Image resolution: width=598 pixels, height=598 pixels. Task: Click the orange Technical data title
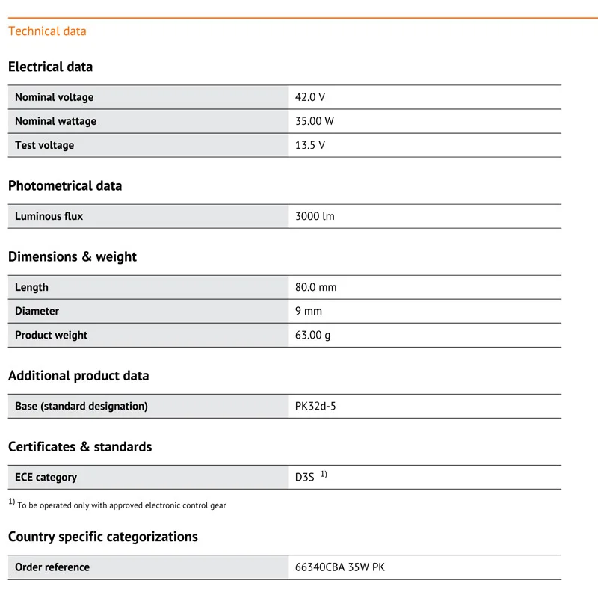(47, 31)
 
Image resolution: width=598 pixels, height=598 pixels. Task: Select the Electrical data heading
(50, 67)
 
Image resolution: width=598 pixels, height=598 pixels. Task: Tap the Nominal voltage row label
(54, 97)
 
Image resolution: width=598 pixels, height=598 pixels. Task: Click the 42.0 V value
(310, 97)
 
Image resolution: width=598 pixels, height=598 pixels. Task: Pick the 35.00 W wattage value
(315, 121)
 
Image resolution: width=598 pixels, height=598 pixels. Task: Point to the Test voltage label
(44, 145)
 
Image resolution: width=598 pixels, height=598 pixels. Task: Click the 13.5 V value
(310, 145)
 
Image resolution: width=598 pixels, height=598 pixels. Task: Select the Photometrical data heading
(65, 185)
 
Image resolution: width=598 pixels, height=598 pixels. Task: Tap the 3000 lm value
(315, 216)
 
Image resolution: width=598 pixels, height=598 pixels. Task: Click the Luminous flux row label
(49, 216)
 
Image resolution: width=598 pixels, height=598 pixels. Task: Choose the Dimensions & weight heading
(73, 256)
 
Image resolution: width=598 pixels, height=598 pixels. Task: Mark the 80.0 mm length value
(316, 287)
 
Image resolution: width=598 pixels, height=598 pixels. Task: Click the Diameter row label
(37, 311)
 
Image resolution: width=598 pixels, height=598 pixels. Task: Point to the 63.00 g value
(312, 335)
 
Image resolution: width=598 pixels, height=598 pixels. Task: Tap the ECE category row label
(46, 477)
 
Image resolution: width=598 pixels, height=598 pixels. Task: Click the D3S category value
(305, 477)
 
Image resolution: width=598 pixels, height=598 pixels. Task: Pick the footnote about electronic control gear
(121, 505)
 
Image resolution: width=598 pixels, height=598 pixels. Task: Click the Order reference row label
(52, 567)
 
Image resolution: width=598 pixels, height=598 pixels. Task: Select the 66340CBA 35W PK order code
(340, 567)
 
